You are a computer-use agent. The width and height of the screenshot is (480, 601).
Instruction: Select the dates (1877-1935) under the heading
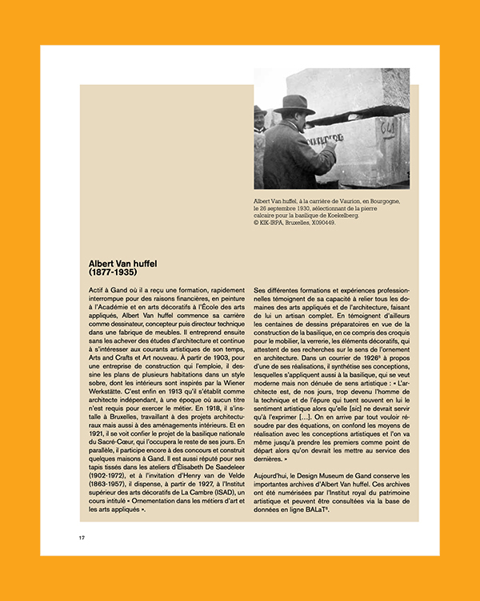pos(115,272)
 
